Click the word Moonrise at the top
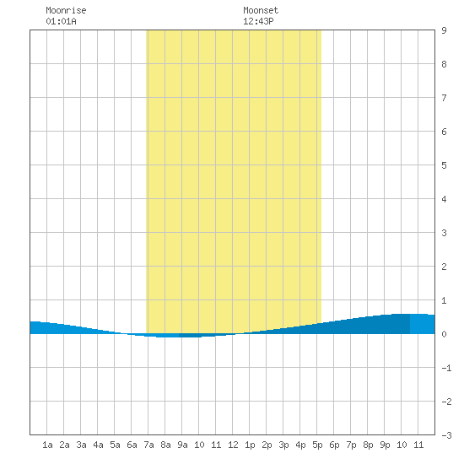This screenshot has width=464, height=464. coord(66,10)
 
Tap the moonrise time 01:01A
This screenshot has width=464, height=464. coord(61,21)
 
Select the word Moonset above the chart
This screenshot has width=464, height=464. coord(261,10)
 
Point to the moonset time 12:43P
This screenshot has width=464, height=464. coord(258,21)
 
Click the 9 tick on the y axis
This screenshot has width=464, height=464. coord(444,30)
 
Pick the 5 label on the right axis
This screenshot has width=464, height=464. coord(444,165)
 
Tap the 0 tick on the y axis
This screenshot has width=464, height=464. coord(444,334)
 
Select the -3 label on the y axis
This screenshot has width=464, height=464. coord(446,435)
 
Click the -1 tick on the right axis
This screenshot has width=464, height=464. coord(446,368)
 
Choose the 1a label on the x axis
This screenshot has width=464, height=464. coord(47,445)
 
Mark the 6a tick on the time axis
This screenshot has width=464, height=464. coord(132,445)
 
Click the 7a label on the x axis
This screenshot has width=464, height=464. coord(148,445)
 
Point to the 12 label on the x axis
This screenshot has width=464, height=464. coord(233,445)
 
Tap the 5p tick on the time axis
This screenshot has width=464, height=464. coord(317,445)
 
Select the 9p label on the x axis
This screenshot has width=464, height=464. coord(385,445)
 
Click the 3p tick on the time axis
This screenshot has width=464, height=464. coord(283,445)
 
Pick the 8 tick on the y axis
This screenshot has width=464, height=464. coord(444,64)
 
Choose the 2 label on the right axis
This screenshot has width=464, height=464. coord(444,267)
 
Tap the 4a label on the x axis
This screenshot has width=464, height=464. coord(98,445)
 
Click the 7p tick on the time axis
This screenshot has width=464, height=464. coord(351,445)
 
